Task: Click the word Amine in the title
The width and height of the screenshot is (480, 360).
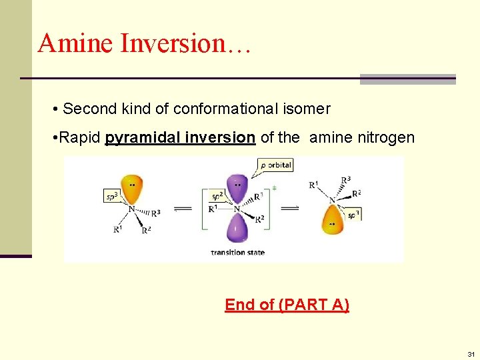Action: [74, 43]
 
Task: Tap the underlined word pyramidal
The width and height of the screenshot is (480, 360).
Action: [137, 138]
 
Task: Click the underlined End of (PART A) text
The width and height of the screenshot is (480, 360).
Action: [287, 305]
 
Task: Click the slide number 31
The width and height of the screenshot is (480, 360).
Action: [471, 353]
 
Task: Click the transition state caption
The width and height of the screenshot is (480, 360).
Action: [237, 252]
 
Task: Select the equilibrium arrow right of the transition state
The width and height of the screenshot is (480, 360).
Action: [289, 208]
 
